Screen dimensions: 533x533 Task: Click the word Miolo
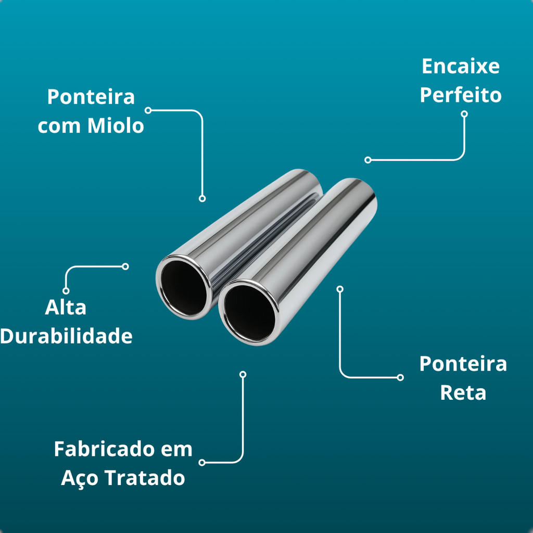[x=115, y=126]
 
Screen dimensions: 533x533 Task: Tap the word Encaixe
[x=460, y=67]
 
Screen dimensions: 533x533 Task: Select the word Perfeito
[x=460, y=96]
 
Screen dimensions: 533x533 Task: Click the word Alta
[x=66, y=308]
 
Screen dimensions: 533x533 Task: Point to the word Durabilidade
[x=66, y=337]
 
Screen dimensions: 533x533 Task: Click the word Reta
[x=463, y=392]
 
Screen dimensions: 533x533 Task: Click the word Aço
[x=80, y=478]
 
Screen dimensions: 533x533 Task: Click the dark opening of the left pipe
[x=183, y=288]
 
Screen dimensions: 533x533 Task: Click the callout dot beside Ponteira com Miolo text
[x=148, y=110]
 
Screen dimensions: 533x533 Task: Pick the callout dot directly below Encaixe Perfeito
[x=464, y=113]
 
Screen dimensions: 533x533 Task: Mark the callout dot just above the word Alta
[x=66, y=290]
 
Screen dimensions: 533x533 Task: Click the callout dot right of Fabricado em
[x=202, y=462]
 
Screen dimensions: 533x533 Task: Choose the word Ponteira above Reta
[x=463, y=364]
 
